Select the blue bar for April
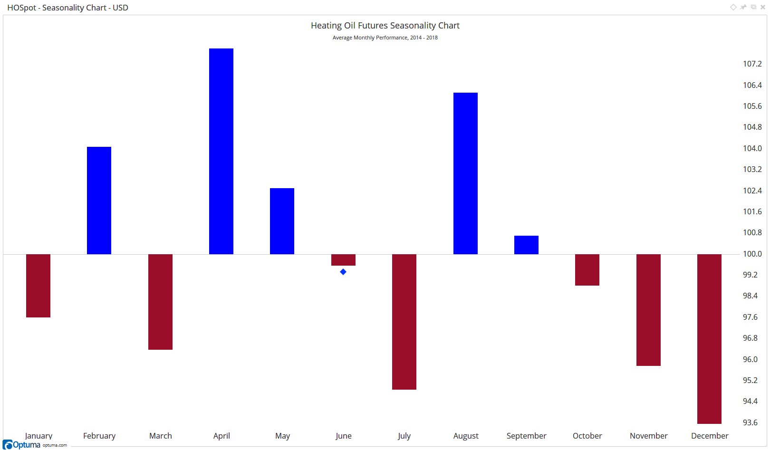221,151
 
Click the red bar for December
709,339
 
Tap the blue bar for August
465,173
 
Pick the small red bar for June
343,260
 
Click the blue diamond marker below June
343,272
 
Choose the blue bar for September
526,245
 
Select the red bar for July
404,322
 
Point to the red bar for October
587,270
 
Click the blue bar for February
99,201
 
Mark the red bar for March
160,302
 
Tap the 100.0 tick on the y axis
752,254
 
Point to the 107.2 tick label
752,64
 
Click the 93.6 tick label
750,422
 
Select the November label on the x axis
648,436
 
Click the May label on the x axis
282,436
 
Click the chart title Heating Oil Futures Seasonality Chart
385,26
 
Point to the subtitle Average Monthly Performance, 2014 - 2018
385,38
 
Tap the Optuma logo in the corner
22,445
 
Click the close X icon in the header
763,7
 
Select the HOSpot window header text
67,8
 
